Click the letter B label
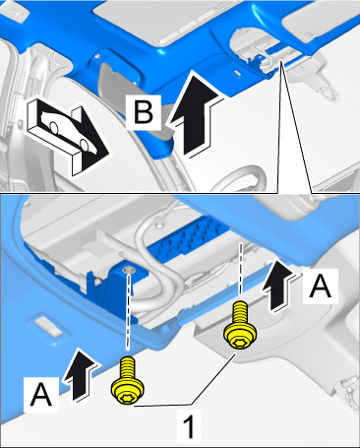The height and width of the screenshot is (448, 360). tap(144, 112)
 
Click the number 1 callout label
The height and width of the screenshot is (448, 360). tap(189, 426)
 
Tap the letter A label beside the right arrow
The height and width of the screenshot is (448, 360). tap(321, 287)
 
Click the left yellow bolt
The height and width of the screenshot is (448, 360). tap(128, 381)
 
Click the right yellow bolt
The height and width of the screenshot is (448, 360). tap(240, 325)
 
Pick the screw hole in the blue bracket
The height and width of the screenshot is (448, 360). tap(129, 270)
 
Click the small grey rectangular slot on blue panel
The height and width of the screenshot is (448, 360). tap(48, 326)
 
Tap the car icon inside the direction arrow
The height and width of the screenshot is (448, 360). tap(68, 131)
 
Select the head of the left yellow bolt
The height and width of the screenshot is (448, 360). tap(128, 391)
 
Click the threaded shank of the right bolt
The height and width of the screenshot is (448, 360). tap(241, 312)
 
